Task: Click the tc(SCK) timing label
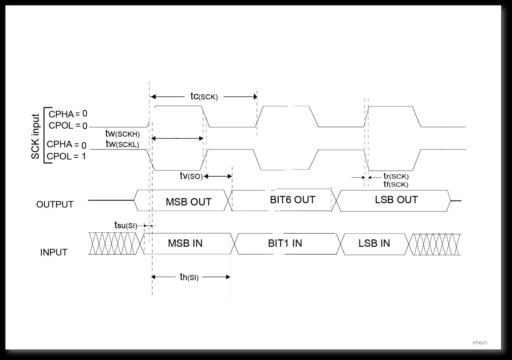[x=204, y=96]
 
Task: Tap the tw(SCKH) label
[x=122, y=134]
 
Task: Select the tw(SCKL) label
[x=122, y=144]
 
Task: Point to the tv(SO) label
[x=191, y=176]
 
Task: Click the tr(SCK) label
[x=396, y=176]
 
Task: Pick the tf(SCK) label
[x=396, y=184]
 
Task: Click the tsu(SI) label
[x=126, y=225]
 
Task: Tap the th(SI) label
[x=189, y=277]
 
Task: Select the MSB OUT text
[x=189, y=202]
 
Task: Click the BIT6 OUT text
[x=292, y=200]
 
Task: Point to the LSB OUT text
[x=396, y=200]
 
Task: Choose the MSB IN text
[x=185, y=243]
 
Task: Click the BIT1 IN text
[x=285, y=243]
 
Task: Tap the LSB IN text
[x=374, y=243]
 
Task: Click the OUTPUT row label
[x=55, y=205]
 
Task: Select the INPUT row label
[x=54, y=252]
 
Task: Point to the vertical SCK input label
[x=36, y=137]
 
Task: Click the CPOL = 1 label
[x=66, y=156]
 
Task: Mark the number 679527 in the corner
[x=480, y=343]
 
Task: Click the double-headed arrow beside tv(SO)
[x=218, y=176]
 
